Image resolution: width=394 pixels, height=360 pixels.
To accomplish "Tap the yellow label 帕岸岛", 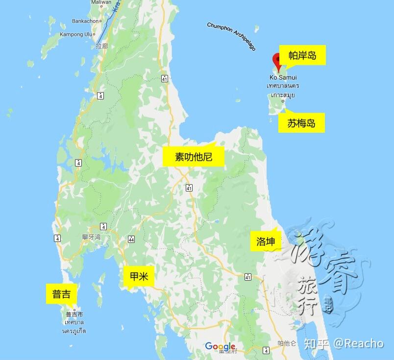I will point(302,55).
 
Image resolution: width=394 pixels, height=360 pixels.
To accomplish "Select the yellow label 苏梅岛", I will point(301,123).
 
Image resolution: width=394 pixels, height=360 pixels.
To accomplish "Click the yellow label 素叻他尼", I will point(193,157).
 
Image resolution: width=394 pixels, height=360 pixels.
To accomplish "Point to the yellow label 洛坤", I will point(266,241).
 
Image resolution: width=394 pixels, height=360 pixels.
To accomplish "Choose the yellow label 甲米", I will point(139,277).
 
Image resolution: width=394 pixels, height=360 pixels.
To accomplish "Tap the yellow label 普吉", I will point(61,294).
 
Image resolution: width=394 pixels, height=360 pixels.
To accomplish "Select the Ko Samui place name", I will point(283,77).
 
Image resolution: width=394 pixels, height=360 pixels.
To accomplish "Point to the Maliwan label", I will point(101,3).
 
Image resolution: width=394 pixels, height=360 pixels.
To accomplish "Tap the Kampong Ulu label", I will point(76,34).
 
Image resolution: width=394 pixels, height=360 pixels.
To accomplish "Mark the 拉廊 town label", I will point(101,46).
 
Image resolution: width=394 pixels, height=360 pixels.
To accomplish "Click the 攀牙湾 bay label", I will point(91,237).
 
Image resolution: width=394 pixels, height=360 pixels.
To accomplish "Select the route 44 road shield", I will point(131,239).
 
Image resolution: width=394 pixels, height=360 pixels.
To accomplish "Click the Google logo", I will point(220,346).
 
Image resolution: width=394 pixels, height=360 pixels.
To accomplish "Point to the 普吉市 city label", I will point(74,314).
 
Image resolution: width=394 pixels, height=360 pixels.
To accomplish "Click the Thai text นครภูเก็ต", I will point(74,331).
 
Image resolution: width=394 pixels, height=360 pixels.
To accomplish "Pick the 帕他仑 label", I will point(287,343).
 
